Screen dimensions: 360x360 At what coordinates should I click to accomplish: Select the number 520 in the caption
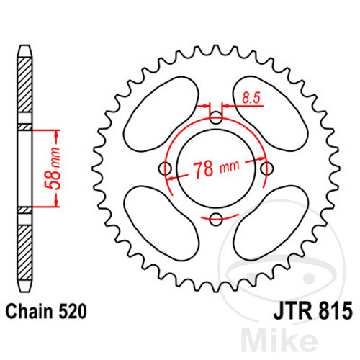pos(74,312)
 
